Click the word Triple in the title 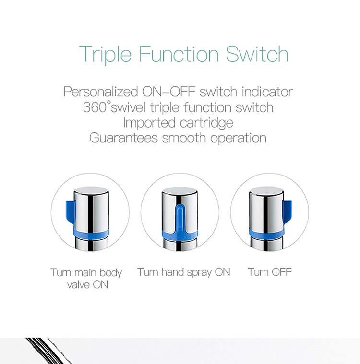click(x=105, y=54)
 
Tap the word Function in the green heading click(x=179, y=54)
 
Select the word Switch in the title click(x=257, y=54)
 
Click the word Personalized click(x=101, y=92)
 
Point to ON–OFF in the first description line click(x=169, y=92)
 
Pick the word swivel click(x=128, y=107)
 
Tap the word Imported click(x=149, y=123)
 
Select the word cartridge click(x=206, y=123)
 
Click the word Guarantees click(x=124, y=138)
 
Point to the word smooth click(x=184, y=138)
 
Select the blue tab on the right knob click(x=287, y=212)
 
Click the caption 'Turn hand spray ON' click(x=184, y=272)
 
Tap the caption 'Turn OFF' click(x=270, y=272)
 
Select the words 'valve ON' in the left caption click(x=88, y=284)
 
